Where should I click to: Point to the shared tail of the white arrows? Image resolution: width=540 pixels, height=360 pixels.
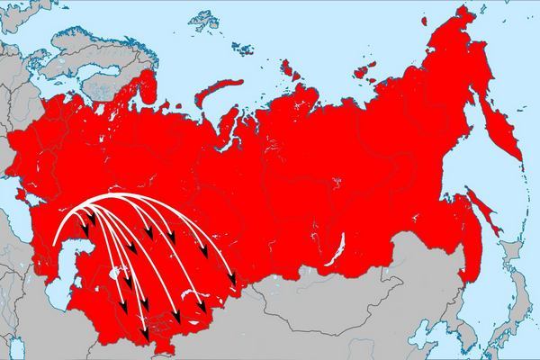pyautogui.click(x=56, y=243)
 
